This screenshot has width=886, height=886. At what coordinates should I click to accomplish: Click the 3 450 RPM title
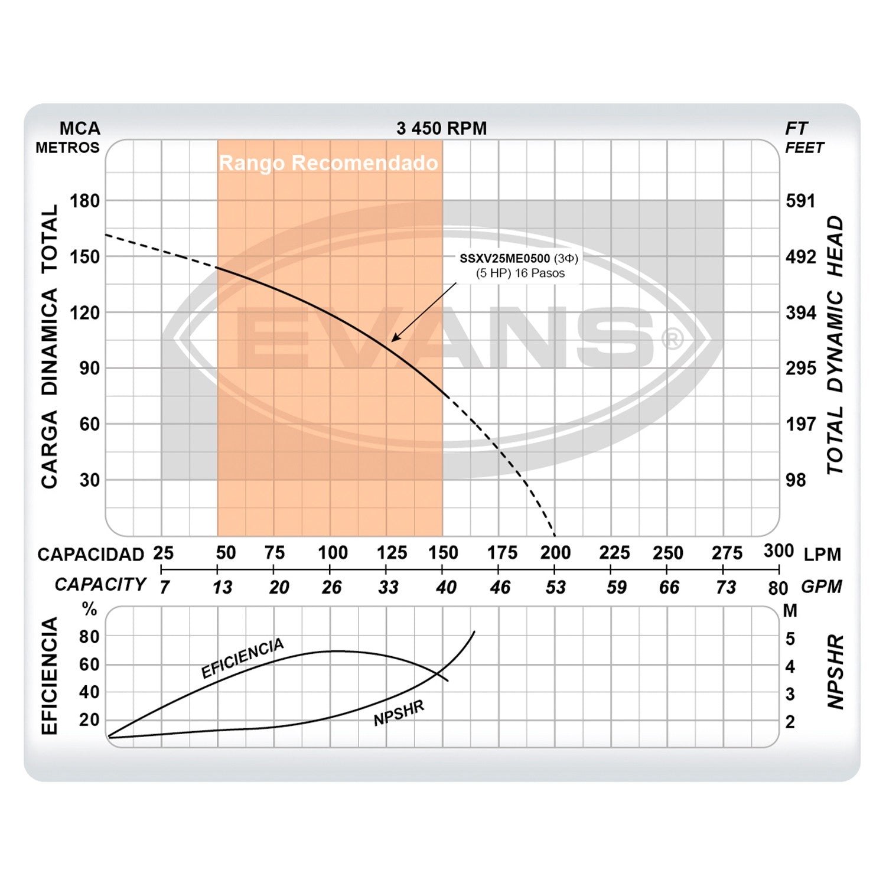[441, 128]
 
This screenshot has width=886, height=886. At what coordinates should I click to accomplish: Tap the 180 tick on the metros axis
[85, 201]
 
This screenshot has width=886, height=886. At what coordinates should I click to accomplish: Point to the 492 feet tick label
[800, 257]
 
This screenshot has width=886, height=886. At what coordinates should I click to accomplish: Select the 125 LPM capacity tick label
[392, 553]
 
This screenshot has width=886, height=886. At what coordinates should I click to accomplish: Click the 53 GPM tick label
[555, 587]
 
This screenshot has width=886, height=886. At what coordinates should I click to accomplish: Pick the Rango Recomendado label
[328, 163]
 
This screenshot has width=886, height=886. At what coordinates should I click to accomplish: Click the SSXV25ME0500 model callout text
[505, 259]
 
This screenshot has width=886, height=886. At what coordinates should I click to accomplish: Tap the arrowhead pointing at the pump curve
[395, 338]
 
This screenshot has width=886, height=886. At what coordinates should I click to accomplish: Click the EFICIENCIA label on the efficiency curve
[242, 658]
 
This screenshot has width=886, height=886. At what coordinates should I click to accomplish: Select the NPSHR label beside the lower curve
[399, 714]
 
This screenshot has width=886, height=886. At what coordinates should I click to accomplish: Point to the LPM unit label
[822, 555]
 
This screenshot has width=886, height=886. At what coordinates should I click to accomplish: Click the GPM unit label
[822, 587]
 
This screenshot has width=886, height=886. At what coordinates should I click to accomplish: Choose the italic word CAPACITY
[100, 584]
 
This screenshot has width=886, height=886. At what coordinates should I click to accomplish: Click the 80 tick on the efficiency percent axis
[89, 637]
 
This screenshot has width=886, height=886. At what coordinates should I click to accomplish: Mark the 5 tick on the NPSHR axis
[790, 639]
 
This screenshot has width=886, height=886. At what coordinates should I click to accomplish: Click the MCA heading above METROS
[80, 128]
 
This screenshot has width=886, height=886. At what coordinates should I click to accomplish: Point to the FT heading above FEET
[796, 128]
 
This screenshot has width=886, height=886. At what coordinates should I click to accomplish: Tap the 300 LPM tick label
[778, 551]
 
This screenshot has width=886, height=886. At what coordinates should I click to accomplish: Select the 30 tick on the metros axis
[89, 480]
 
